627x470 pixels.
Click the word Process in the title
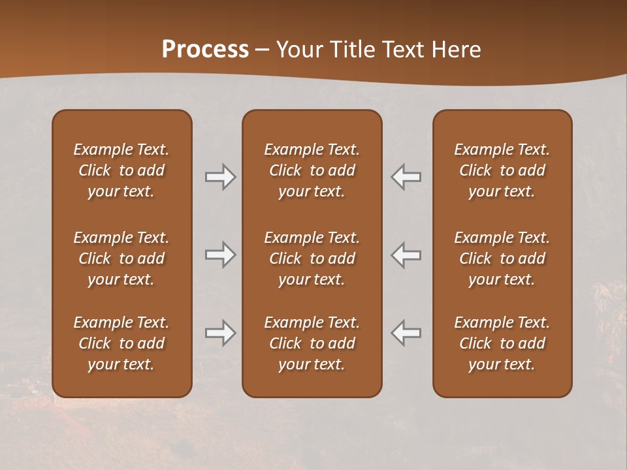tap(205, 50)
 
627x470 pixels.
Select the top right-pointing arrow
tap(220, 177)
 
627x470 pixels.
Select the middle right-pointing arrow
tap(220, 255)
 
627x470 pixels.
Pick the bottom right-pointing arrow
tap(220, 333)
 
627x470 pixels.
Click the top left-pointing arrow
tap(406, 177)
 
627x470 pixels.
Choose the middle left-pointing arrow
tap(406, 255)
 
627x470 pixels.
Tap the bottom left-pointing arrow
tap(406, 333)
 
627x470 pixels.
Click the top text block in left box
tap(121, 170)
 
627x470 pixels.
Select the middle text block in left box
tap(121, 258)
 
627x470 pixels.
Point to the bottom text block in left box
tap(121, 343)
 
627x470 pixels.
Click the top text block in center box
tap(312, 170)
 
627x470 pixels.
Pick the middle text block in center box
tap(312, 258)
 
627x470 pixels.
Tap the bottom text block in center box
tap(312, 343)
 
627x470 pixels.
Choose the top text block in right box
tap(502, 170)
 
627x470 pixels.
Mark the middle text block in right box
tap(502, 258)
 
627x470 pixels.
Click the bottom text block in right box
tap(502, 343)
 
